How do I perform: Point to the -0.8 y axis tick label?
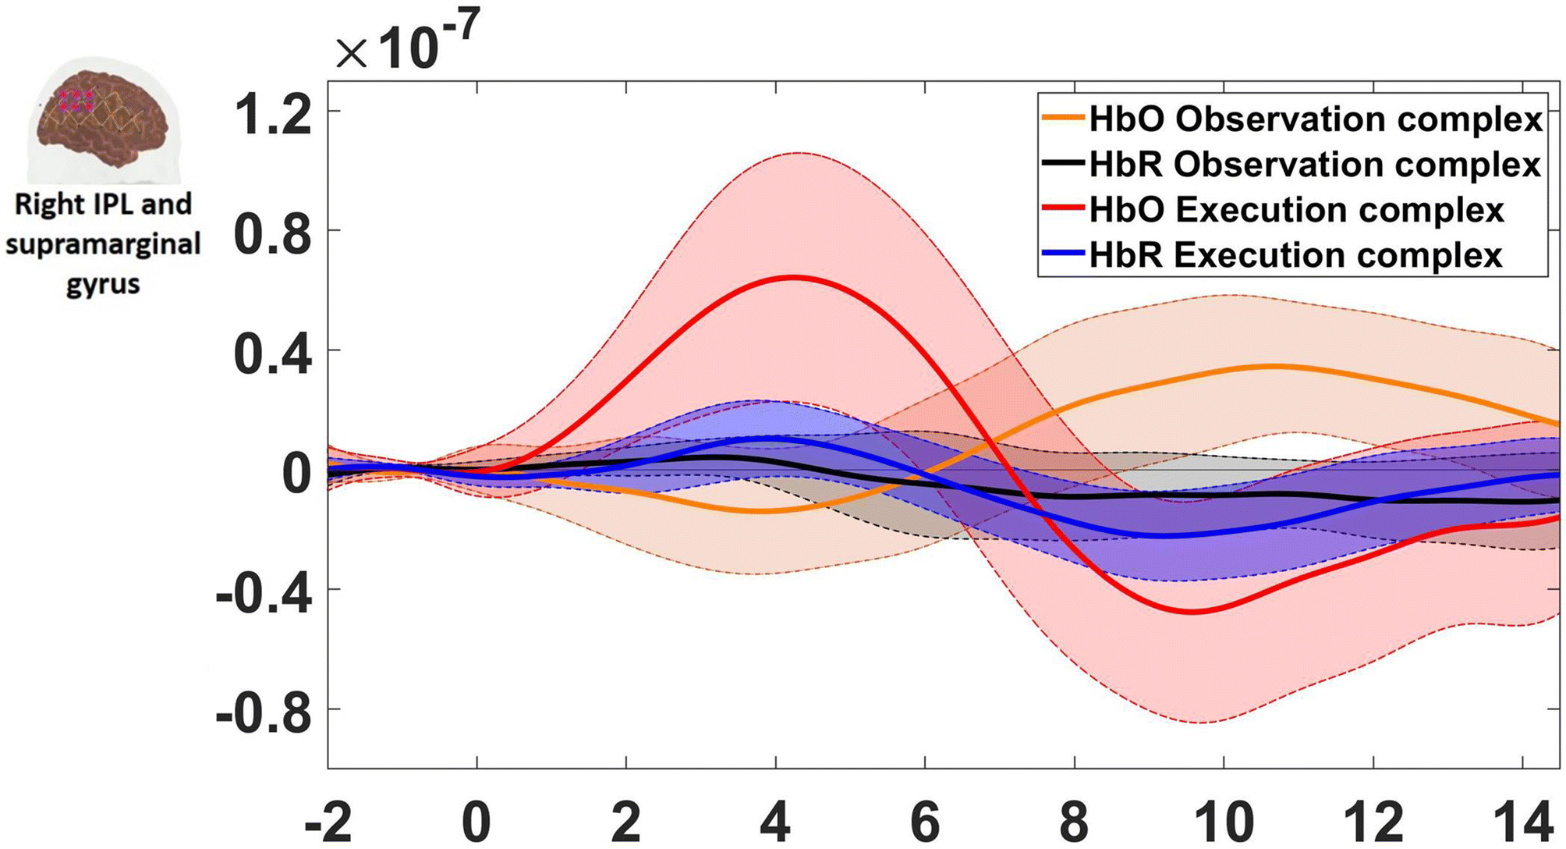pyautogui.click(x=264, y=712)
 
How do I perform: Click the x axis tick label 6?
pyautogui.click(x=925, y=822)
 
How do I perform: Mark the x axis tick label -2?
pyautogui.click(x=328, y=822)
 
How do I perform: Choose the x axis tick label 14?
pyautogui.click(x=1522, y=822)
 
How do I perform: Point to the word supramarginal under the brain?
pyautogui.click(x=103, y=244)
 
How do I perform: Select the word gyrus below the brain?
pyautogui.click(x=103, y=284)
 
